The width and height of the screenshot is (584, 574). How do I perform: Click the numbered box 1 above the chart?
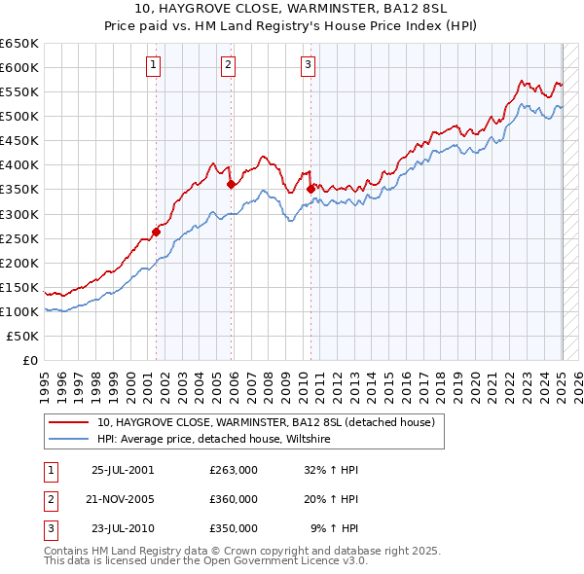[x=155, y=65]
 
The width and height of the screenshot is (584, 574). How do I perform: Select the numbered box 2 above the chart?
[x=228, y=65]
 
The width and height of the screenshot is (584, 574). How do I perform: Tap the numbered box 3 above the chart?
[x=308, y=65]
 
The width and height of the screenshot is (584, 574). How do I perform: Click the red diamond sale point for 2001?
[x=156, y=232]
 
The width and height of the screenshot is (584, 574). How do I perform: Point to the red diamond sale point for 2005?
[x=231, y=184]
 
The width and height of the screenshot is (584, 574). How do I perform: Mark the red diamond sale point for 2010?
[x=310, y=189]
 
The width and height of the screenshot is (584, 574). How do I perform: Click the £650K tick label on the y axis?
[x=19, y=44]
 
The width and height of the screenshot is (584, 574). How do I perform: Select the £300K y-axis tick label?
[x=19, y=214]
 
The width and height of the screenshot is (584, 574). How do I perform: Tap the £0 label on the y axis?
[x=30, y=361]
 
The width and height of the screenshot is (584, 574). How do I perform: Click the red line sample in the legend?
[x=68, y=423]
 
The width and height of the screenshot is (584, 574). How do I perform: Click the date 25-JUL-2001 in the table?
[x=123, y=470]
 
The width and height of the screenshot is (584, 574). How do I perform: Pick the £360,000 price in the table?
[x=234, y=499]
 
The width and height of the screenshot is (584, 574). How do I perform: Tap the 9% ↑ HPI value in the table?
[x=335, y=528]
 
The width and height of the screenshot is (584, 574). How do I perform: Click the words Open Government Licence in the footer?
[x=282, y=560]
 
